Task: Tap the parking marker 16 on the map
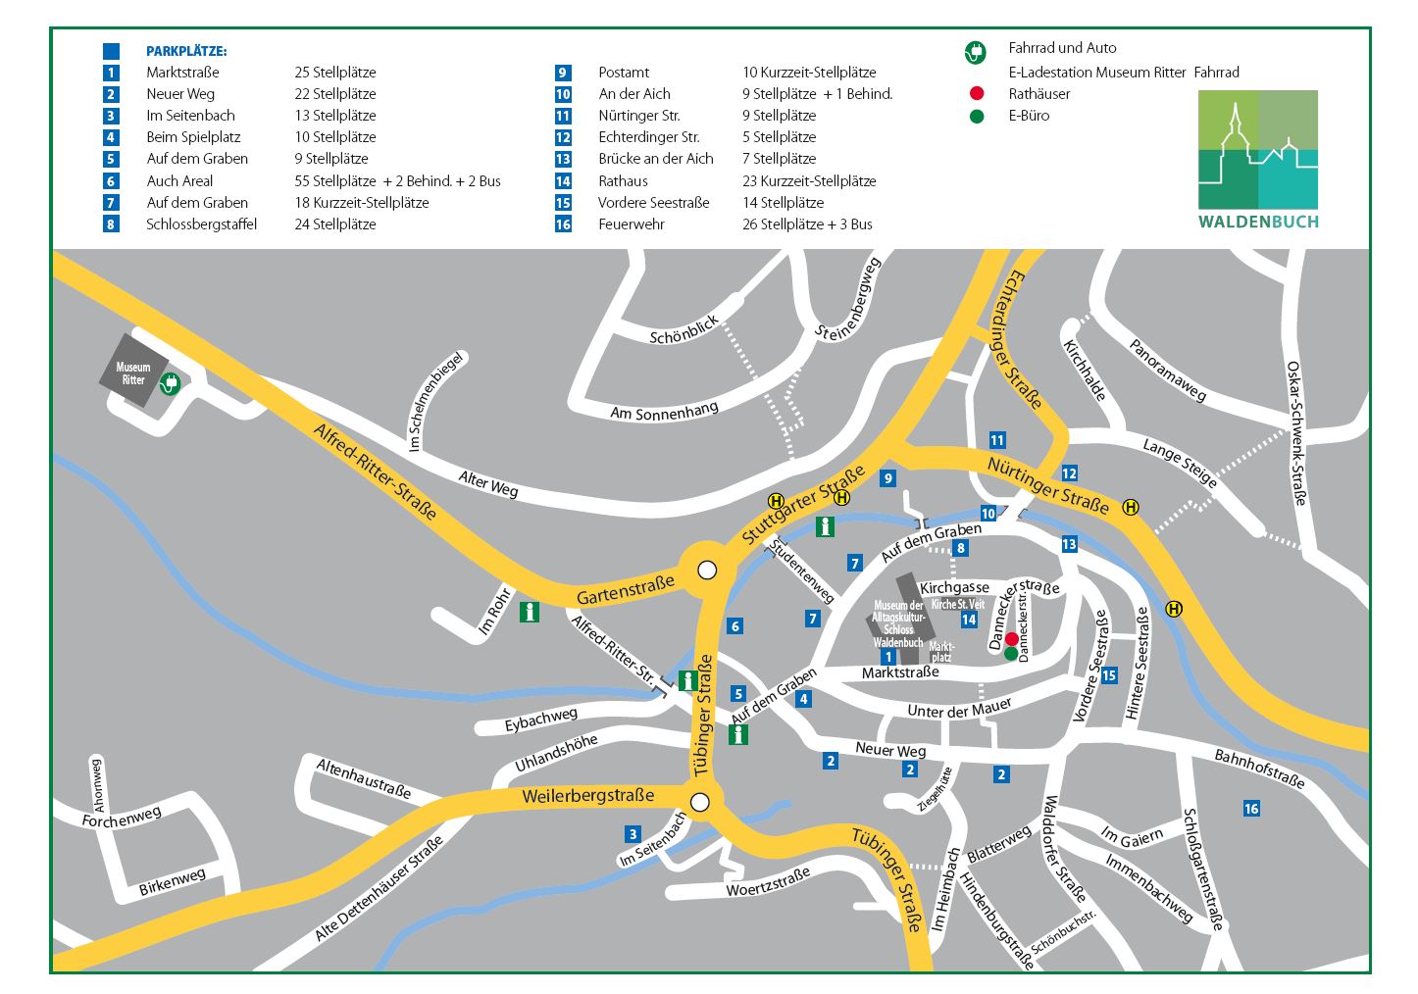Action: pyautogui.click(x=1251, y=809)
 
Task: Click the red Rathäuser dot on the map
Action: pyautogui.click(x=1011, y=639)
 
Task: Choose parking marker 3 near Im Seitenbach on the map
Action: pyautogui.click(x=633, y=835)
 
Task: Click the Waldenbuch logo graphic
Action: pyautogui.click(x=1258, y=158)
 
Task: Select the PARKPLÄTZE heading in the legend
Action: pyautogui.click(x=186, y=51)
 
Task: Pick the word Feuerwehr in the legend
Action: pyautogui.click(x=632, y=224)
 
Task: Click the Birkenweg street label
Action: pyautogui.click(x=173, y=880)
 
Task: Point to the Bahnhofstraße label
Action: pyautogui.click(x=1259, y=769)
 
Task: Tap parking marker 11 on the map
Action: pyautogui.click(x=997, y=440)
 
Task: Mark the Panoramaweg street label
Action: pyautogui.click(x=1167, y=370)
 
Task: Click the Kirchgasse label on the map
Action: pyautogui.click(x=954, y=587)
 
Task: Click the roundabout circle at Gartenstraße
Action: pyautogui.click(x=707, y=570)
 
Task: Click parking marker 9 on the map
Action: pyautogui.click(x=888, y=478)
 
